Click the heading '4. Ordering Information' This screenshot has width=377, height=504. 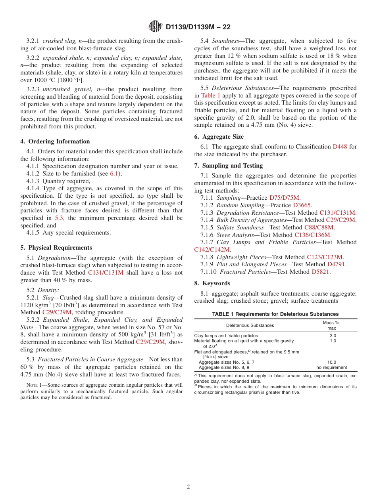pos(55,141)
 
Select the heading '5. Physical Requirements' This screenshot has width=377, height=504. pos(56,248)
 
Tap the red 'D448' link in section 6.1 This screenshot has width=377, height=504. pos(340,147)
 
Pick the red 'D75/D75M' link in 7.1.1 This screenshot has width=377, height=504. pos(285,198)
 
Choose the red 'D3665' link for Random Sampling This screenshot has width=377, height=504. pos(302,205)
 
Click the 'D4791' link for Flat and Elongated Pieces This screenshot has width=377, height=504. pos(336,264)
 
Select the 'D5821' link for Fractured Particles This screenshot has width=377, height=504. pos(321,272)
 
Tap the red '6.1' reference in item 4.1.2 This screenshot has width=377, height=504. pos(114,174)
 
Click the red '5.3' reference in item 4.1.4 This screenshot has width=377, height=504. pos(58,218)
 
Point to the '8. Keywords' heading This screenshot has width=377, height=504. pos(212,283)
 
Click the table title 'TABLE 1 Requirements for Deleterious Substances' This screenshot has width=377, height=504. pos(275,314)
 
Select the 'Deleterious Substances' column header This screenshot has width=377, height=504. pos(250,325)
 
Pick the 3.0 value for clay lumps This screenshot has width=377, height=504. pos(333,336)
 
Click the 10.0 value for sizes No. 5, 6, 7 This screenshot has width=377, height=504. pos(332,362)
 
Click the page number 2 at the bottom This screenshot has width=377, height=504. pos(188,487)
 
